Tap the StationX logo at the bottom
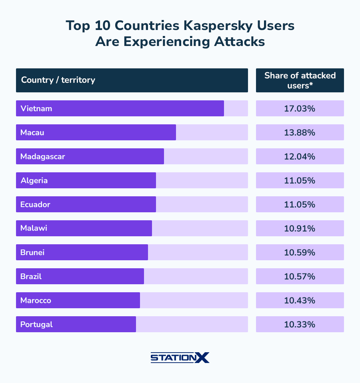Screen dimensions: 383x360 pyautogui.click(x=180, y=357)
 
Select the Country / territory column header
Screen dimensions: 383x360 pyautogui.click(x=58, y=80)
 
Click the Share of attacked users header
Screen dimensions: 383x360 pyautogui.click(x=300, y=80)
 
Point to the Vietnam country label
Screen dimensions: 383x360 pyautogui.click(x=36, y=108)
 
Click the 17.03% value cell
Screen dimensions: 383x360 pyautogui.click(x=300, y=108)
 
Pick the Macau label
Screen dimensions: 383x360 pyautogui.click(x=32, y=132)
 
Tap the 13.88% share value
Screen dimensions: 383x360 pyautogui.click(x=300, y=132)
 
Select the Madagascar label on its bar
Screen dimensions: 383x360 pyautogui.click(x=43, y=156)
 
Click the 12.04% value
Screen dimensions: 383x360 pyautogui.click(x=300, y=156)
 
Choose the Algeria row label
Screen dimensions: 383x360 pyautogui.click(x=34, y=180)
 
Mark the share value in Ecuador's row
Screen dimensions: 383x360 pyautogui.click(x=300, y=204)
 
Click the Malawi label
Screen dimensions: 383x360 pyautogui.click(x=34, y=228)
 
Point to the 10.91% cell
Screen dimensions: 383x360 pyautogui.click(x=300, y=228)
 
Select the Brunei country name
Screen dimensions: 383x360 pyautogui.click(x=32, y=252)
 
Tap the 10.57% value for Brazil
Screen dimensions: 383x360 pyautogui.click(x=300, y=276)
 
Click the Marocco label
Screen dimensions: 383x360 pyautogui.click(x=36, y=300)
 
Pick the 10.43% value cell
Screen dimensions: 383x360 pyautogui.click(x=300, y=300)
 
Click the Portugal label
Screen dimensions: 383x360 pyautogui.click(x=37, y=324)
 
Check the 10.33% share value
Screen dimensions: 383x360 pyautogui.click(x=300, y=324)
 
